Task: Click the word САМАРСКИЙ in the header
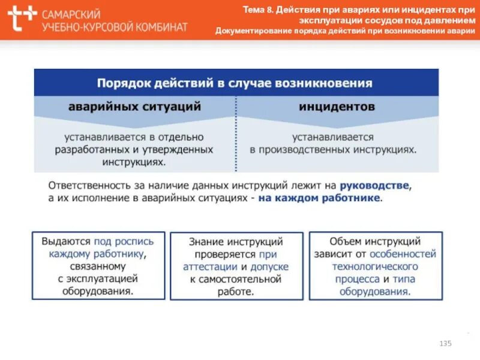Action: [71, 13]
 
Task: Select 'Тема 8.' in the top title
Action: [259, 9]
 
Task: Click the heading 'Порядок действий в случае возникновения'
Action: [235, 83]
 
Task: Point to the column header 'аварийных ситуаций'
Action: [134, 107]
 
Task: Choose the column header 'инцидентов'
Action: [337, 107]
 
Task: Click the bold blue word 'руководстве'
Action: [375, 185]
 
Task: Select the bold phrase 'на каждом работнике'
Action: [319, 198]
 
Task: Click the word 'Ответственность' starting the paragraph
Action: [91, 185]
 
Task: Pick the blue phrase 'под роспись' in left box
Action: [124, 241]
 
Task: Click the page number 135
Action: [445, 343]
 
